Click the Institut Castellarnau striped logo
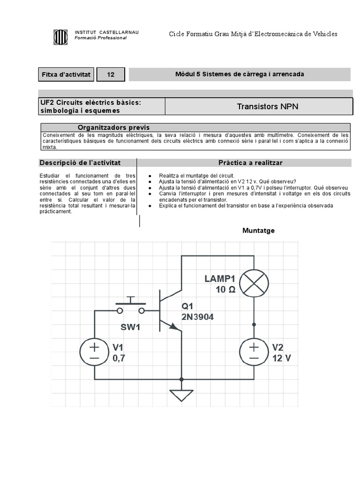pyautogui.click(x=60, y=37)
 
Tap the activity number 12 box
pyautogui.click(x=111, y=75)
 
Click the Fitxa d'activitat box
pyautogui.click(x=66, y=75)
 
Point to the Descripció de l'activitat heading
pyautogui.click(x=80, y=163)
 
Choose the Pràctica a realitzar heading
pyautogui.click(x=250, y=163)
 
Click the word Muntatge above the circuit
pyautogui.click(x=258, y=231)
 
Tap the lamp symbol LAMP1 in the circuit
pyautogui.click(x=254, y=283)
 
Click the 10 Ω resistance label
pyautogui.click(x=225, y=290)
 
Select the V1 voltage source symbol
pyautogui.click(x=94, y=353)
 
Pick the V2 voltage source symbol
pyautogui.click(x=254, y=353)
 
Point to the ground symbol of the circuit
pyautogui.click(x=182, y=395)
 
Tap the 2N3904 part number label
pyautogui.click(x=197, y=317)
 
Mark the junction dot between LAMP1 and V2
pyautogui.click(x=254, y=324)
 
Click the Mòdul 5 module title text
pyautogui.click(x=240, y=74)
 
